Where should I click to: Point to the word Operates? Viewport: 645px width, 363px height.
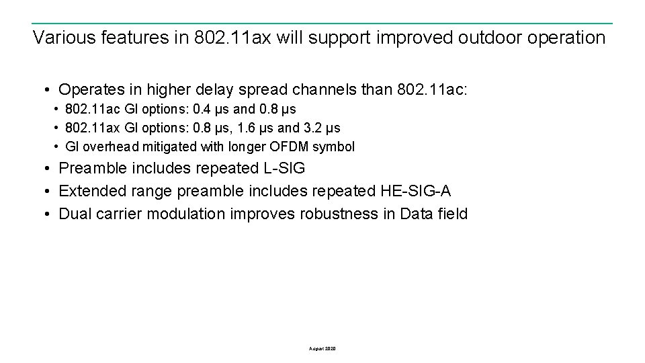(x=89, y=89)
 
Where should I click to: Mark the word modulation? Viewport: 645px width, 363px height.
(x=186, y=214)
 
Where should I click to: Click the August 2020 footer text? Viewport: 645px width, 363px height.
(x=322, y=349)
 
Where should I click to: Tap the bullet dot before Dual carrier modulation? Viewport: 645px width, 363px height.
(x=48, y=214)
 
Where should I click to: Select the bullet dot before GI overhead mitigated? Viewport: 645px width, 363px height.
(x=57, y=147)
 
